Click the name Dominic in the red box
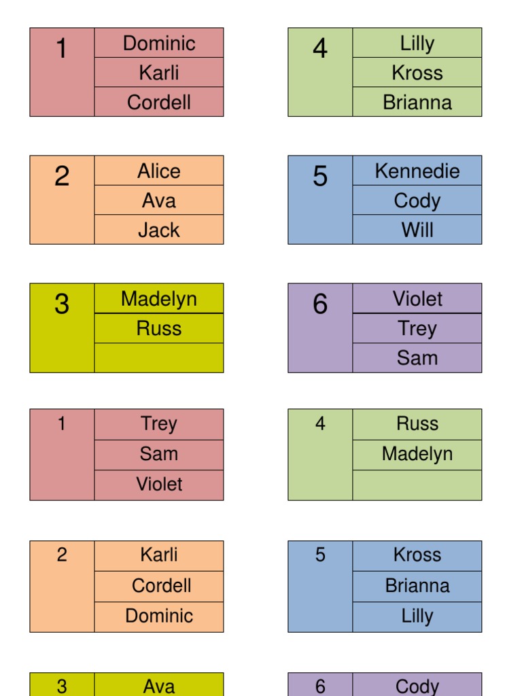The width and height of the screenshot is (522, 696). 159,43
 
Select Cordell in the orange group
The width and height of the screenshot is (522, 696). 161,585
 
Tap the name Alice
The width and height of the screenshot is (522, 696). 159,171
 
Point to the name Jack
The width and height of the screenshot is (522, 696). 159,230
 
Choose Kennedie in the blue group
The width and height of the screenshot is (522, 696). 417,171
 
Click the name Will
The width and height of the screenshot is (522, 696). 417,230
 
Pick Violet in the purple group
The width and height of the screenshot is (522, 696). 417,299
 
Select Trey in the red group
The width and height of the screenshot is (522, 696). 159,424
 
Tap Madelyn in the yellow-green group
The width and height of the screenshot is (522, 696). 159,299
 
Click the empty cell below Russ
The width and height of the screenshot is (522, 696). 159,358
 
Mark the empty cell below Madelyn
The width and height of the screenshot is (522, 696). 417,485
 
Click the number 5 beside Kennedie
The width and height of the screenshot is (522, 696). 320,177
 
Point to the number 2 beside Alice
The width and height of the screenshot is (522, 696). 62,177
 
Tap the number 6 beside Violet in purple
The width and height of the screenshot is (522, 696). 320,304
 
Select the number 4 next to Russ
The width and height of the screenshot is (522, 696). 320,424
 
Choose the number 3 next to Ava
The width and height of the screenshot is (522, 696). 62,686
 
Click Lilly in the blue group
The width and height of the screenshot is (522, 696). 417,616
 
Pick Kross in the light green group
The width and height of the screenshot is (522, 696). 417,73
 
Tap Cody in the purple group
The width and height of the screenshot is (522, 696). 417,686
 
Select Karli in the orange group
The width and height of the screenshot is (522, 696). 159,555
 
